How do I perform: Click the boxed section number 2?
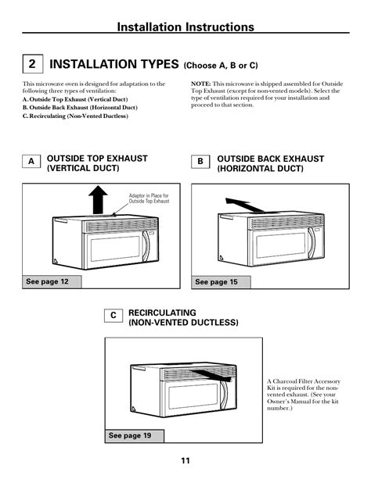click(x=32, y=64)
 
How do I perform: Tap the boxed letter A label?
click(x=31, y=161)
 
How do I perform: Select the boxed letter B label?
click(x=200, y=162)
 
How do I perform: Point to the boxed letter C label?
click(x=113, y=315)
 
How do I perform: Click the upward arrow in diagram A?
click(x=98, y=199)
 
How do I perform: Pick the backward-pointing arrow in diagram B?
click(x=245, y=206)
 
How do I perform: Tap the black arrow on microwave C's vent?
click(x=212, y=375)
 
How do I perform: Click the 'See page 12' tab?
click(x=52, y=281)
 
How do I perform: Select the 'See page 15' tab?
click(x=221, y=282)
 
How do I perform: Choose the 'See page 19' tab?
click(x=135, y=436)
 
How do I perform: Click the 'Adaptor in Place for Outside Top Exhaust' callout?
click(x=149, y=198)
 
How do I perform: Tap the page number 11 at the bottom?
click(x=185, y=461)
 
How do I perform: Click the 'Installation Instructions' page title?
click(x=185, y=27)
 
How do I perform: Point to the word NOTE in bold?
click(x=201, y=84)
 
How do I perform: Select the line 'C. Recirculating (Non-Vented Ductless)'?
click(x=75, y=116)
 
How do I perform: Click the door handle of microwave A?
click(x=146, y=246)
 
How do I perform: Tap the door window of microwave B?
click(x=281, y=245)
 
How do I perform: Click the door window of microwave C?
click(x=193, y=396)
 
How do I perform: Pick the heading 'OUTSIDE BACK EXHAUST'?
click(x=271, y=159)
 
